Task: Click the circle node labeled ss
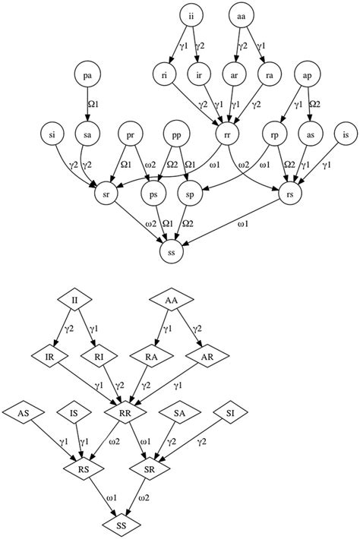(x=173, y=251)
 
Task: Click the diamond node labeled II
(x=74, y=298)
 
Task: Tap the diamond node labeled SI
(x=231, y=414)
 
